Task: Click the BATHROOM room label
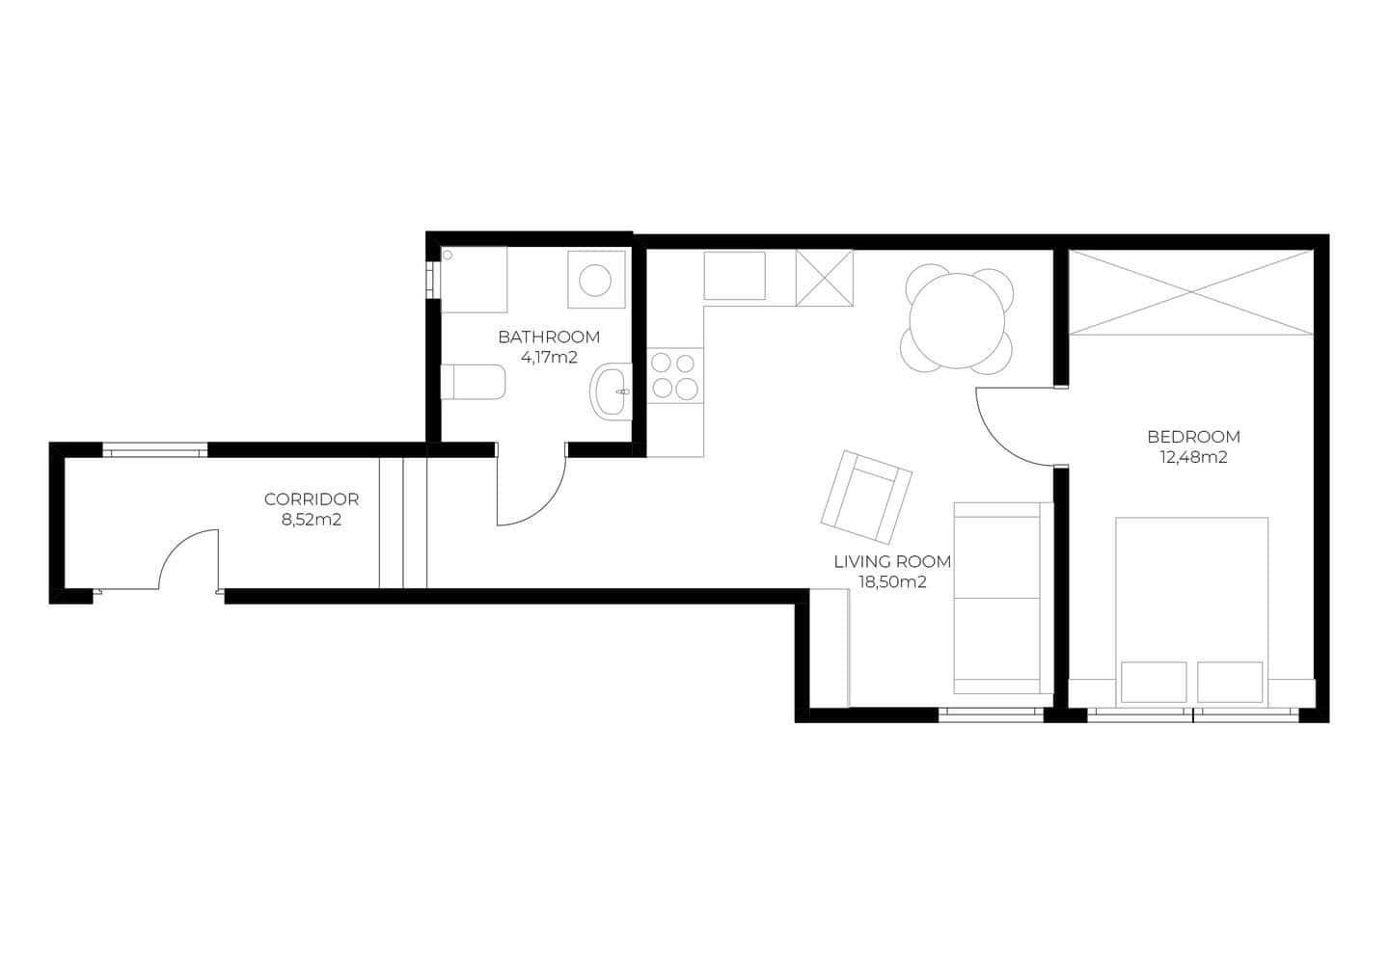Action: point(548,337)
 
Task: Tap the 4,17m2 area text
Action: point(548,357)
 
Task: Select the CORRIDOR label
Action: point(311,499)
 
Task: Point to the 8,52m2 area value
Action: point(311,520)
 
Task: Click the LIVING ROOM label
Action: point(892,561)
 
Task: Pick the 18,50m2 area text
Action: point(892,581)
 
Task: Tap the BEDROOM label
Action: point(1193,437)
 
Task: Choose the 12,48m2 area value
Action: point(1193,458)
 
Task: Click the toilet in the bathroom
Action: point(473,382)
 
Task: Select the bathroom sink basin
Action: point(612,391)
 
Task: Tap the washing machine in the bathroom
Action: point(594,281)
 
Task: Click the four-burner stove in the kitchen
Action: point(674,376)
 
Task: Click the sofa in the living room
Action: point(998,598)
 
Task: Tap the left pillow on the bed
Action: point(1154,683)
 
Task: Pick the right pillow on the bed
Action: point(1230,683)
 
